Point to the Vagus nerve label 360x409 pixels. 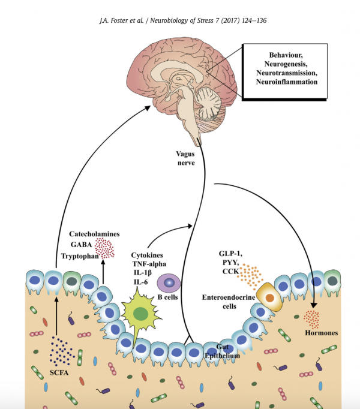pyautogui.click(x=185, y=158)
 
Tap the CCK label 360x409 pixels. pyautogui.click(x=230, y=273)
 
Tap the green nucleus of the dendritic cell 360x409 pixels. pyautogui.click(x=141, y=313)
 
